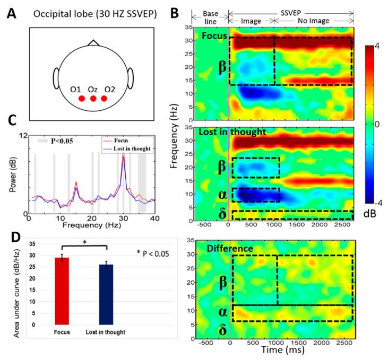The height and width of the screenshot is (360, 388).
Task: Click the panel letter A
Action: pos(10,12)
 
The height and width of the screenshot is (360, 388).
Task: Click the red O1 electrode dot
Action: pos(81,99)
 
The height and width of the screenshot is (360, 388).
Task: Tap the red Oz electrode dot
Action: pos(93,99)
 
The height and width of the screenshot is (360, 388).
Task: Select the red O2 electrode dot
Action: pos(105,99)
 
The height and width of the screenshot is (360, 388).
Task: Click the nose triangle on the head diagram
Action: pos(93,42)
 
